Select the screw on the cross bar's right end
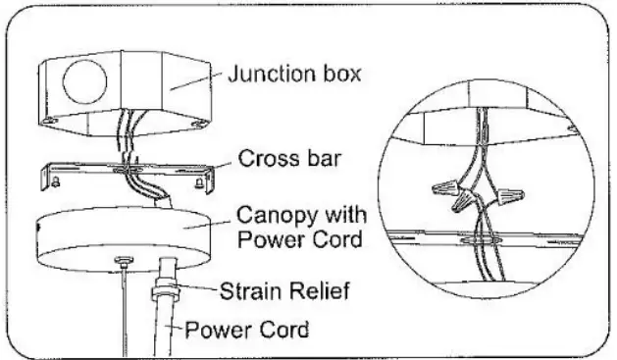pos(198,180)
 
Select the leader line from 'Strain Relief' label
pos(200,286)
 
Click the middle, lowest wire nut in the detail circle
pos(463,204)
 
